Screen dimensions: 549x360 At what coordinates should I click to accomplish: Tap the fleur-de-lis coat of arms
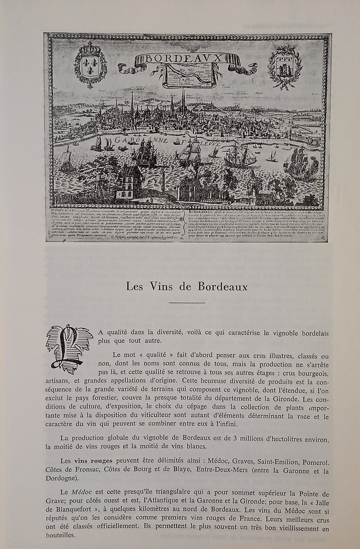(x=90, y=64)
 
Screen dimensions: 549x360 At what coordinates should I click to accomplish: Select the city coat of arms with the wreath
(x=284, y=66)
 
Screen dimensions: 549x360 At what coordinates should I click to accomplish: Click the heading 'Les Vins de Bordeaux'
(x=187, y=287)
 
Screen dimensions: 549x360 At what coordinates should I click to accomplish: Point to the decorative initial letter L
(x=69, y=348)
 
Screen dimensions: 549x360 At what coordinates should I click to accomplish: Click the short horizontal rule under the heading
(x=186, y=303)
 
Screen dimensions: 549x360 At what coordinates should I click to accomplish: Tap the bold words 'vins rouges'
(x=92, y=461)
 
